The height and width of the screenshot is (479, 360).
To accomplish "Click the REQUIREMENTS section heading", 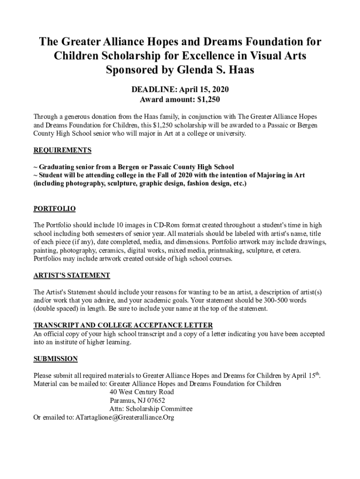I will (62, 151).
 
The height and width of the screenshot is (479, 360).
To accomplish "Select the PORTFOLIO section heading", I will (54, 209).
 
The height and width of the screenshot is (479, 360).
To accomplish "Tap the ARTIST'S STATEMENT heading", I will (72, 275).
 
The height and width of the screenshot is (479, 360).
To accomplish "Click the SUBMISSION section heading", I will (55, 359).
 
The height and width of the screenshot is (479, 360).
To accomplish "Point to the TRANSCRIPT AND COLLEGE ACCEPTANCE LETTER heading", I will (123, 325).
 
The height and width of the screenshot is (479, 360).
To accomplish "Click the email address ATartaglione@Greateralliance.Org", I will (125, 417).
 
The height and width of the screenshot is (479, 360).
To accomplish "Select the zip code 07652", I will (155, 400).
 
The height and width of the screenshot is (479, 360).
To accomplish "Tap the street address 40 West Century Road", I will (142, 392).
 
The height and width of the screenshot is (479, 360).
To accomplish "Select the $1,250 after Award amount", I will (208, 100).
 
